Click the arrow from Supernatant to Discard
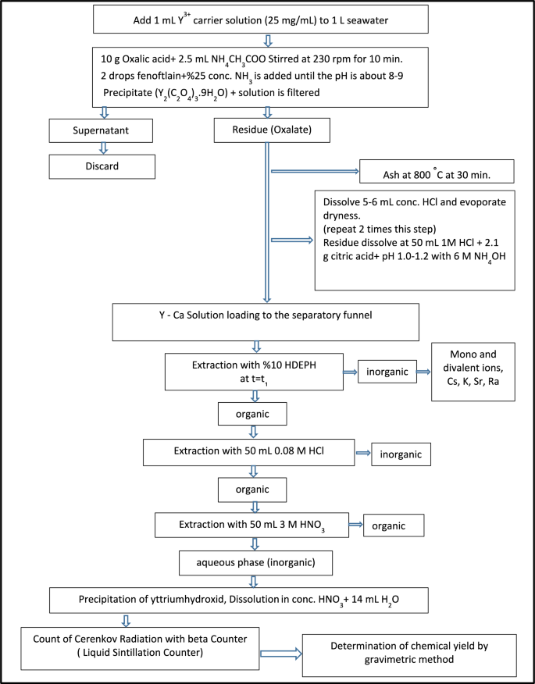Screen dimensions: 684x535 click(x=99, y=149)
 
